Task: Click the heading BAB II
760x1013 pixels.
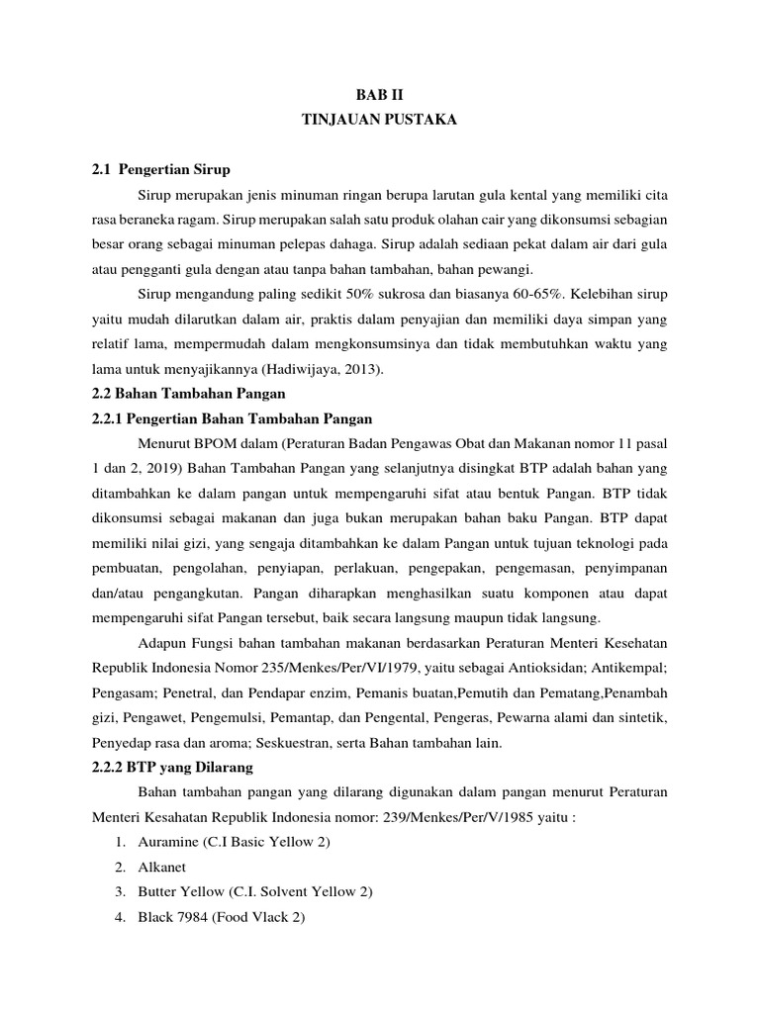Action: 380,94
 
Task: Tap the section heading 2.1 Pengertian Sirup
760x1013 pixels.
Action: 160,170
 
